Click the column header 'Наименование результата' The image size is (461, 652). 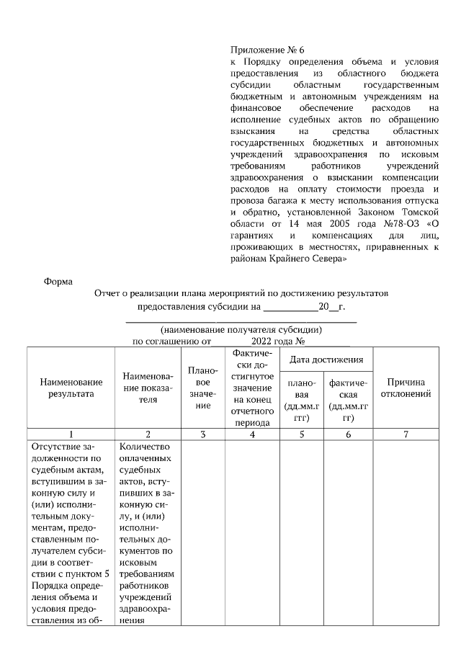click(x=71, y=388)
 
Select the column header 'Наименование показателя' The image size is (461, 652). click(x=148, y=388)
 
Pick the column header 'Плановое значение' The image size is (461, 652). click(x=202, y=388)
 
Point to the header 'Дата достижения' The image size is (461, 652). click(x=326, y=359)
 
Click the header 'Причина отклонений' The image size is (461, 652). click(x=409, y=388)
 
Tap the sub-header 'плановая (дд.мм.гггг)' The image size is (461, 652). click(x=302, y=401)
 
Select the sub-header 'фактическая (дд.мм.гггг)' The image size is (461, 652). click(x=348, y=401)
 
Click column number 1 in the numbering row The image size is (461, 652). click(x=71, y=434)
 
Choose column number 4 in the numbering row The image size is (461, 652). click(x=251, y=434)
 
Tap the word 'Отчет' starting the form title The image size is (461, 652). click(x=107, y=294)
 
